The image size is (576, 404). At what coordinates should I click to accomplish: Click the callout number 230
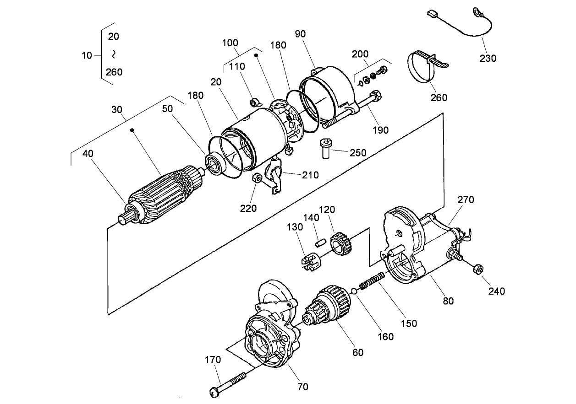tap(488, 58)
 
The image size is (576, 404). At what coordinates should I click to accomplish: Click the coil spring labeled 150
tap(371, 280)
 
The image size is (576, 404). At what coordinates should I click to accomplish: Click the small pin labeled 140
tap(321, 239)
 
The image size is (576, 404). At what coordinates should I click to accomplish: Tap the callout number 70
tap(302, 387)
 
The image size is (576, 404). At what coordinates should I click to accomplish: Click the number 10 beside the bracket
tap(87, 55)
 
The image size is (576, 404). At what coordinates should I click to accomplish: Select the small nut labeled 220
tap(258, 178)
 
